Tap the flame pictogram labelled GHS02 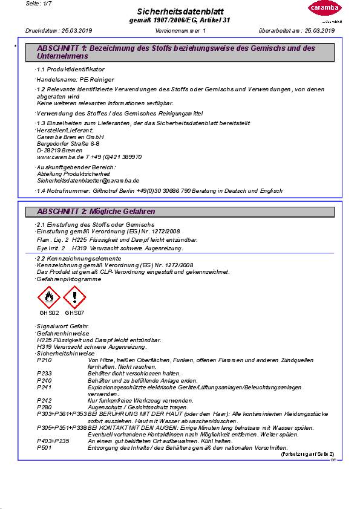48,298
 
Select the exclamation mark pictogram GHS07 74,298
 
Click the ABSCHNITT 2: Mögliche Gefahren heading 96,212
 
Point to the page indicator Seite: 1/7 41,4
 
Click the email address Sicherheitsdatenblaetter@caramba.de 88,180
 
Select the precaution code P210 44,360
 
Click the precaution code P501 44,447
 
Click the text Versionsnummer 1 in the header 180,30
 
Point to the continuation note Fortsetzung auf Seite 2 307,453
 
